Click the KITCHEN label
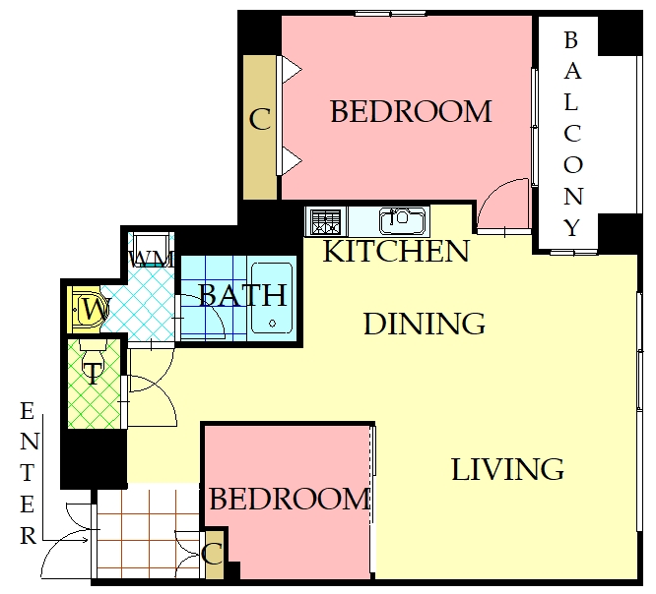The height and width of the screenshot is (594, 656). pos(396,251)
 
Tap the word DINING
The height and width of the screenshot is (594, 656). pos(425,324)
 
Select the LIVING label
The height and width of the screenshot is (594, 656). pos(507,469)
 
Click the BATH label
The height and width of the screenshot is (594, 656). pos(242,295)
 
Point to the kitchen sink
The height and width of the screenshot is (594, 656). pos(404,221)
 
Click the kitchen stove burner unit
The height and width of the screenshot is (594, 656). pos(326,221)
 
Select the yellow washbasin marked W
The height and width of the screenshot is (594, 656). pos(87,309)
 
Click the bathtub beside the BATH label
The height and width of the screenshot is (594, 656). pos(272,298)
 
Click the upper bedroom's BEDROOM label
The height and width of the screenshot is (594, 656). pos(411,111)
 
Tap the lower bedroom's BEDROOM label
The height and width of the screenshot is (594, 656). pos(290,500)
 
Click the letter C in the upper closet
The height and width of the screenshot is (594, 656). pos(260,119)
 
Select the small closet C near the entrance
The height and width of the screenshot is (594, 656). pos(214,555)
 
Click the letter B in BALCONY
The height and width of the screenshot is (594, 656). pos(570,40)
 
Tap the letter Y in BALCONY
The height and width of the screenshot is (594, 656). pos(572,227)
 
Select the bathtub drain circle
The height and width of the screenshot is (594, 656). pos(273,323)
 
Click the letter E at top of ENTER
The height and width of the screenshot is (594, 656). pos(28,411)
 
